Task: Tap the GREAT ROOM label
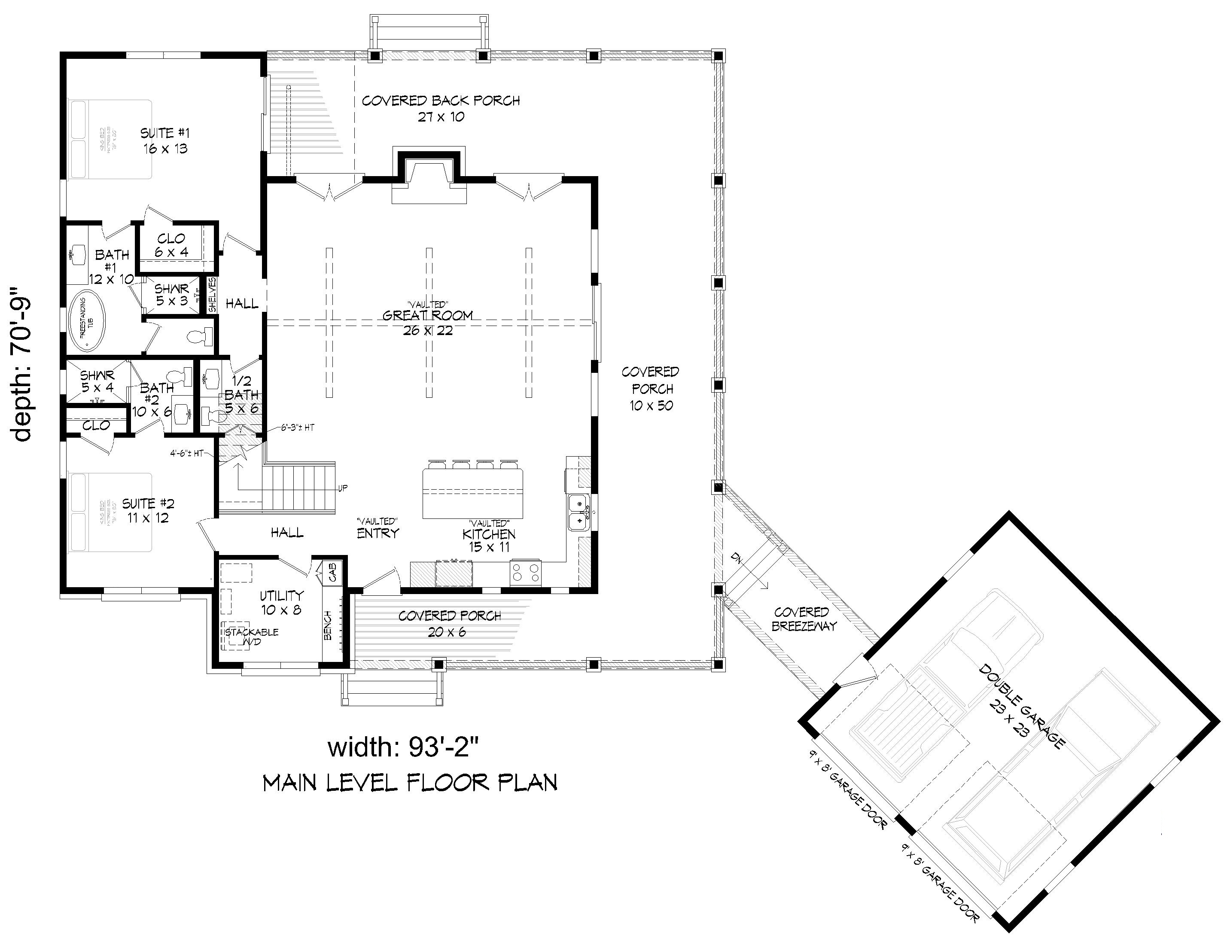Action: coord(428,316)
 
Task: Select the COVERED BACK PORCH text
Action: coord(441,101)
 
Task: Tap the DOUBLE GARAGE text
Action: coord(1021,706)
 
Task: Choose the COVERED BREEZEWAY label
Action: coord(804,619)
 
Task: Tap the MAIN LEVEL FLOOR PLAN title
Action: coord(410,783)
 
